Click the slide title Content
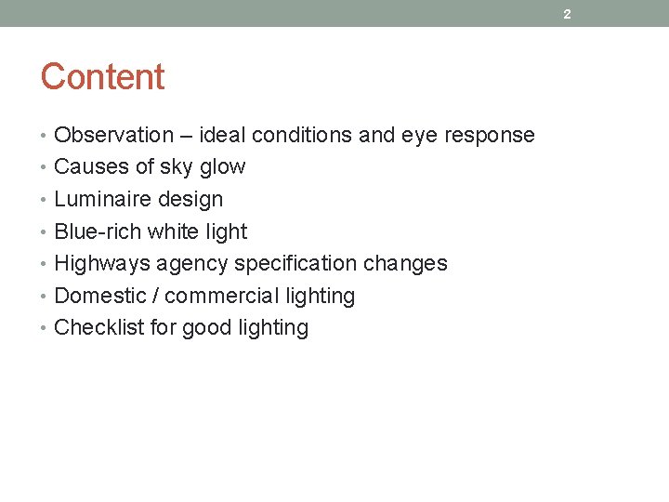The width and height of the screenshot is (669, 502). pyautogui.click(x=102, y=77)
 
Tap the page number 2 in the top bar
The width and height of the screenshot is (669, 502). pyautogui.click(x=567, y=14)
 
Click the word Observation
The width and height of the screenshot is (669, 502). pyautogui.click(x=114, y=135)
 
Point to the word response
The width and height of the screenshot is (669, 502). pyautogui.click(x=490, y=136)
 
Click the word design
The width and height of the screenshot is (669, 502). pyautogui.click(x=192, y=199)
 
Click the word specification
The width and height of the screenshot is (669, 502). pyautogui.click(x=295, y=264)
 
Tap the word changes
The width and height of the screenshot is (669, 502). pyautogui.click(x=405, y=264)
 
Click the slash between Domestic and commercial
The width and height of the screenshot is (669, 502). pyautogui.click(x=152, y=296)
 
